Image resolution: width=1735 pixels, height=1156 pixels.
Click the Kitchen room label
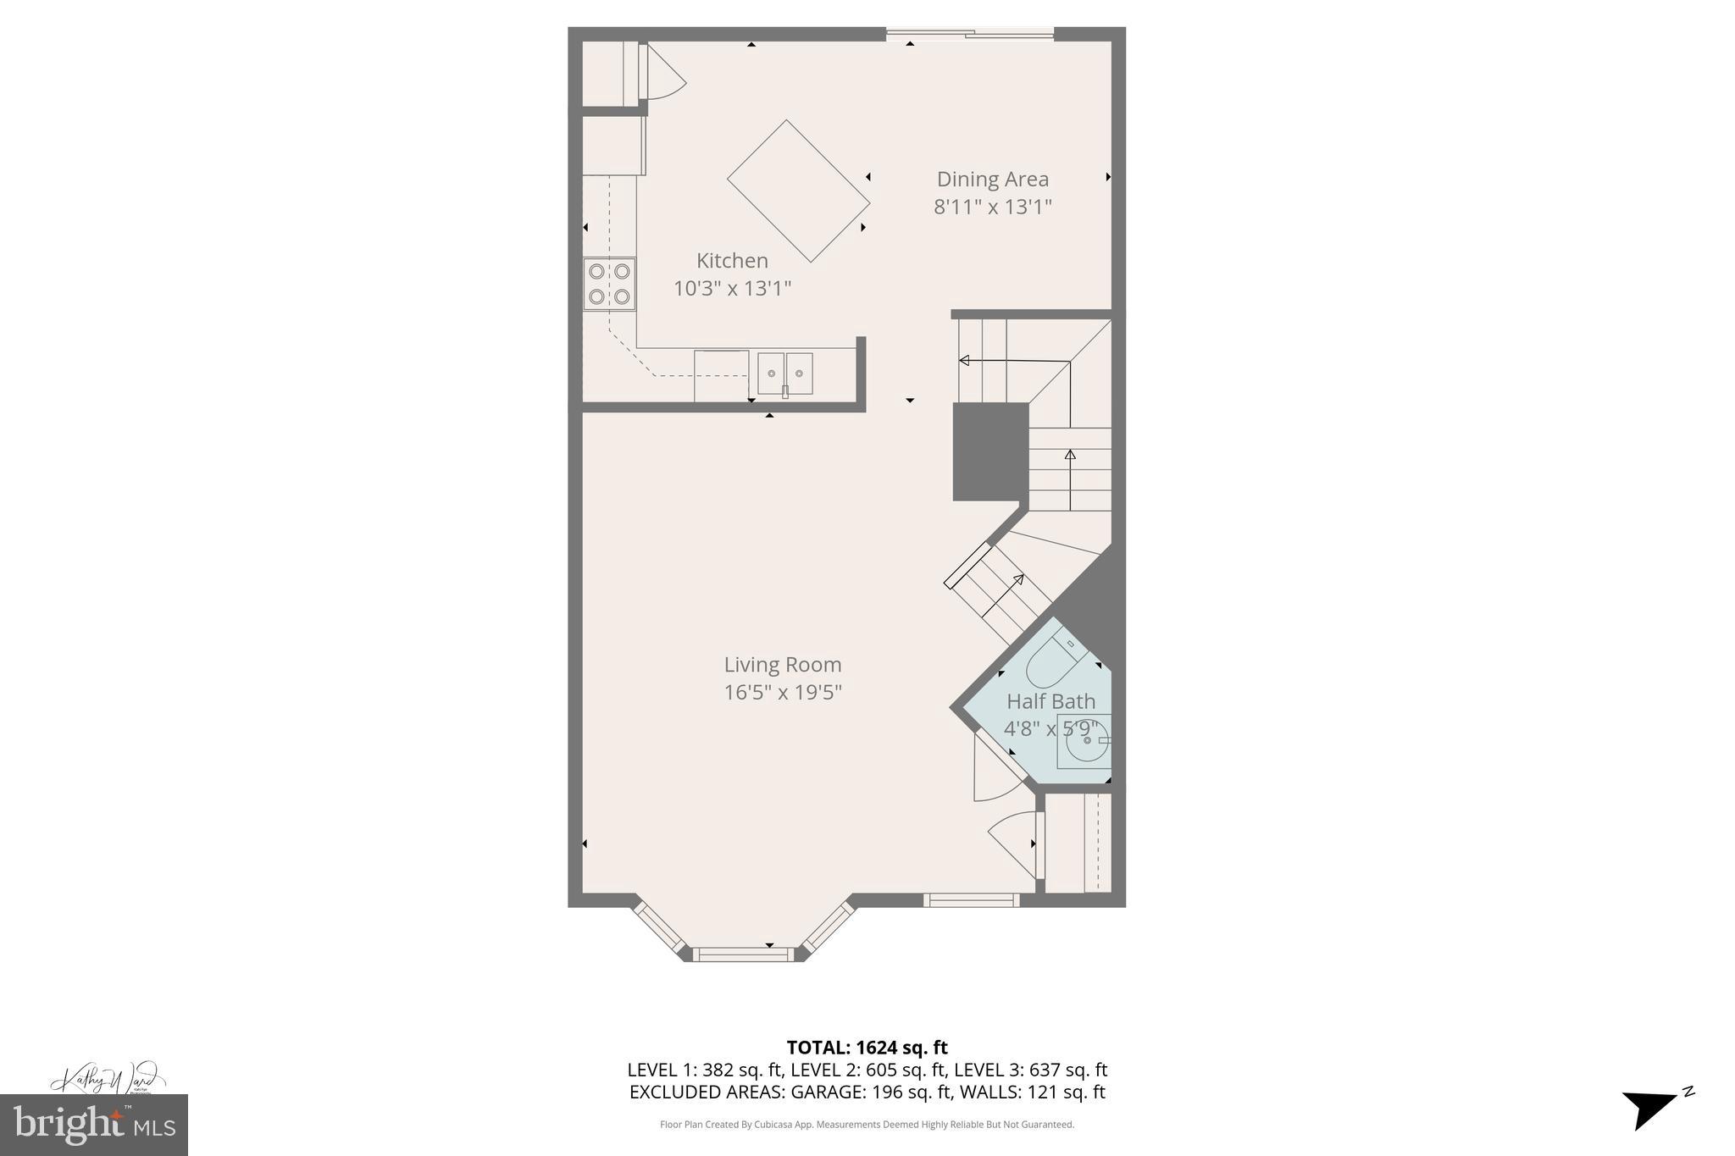(732, 261)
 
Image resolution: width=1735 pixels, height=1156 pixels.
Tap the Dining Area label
(992, 180)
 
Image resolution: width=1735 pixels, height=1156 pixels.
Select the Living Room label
(782, 665)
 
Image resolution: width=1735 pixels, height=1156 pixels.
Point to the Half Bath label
(1050, 701)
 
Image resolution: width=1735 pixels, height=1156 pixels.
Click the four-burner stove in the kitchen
(609, 284)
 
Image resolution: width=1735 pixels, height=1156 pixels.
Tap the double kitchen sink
(784, 373)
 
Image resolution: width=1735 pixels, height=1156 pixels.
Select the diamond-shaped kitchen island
(798, 191)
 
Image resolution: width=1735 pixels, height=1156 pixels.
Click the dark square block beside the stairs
(990, 451)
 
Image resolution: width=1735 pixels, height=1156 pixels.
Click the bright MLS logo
(93, 1125)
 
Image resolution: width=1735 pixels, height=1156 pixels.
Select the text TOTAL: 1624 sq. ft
(867, 1048)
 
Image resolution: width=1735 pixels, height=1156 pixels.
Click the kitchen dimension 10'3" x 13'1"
(732, 289)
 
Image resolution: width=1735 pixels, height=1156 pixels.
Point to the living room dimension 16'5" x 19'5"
(782, 693)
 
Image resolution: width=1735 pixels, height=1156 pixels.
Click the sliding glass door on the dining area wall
(969, 34)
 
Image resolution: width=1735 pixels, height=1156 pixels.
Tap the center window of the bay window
(743, 954)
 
